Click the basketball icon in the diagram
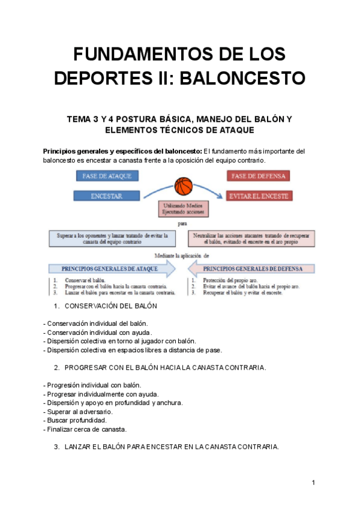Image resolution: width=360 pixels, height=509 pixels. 184,187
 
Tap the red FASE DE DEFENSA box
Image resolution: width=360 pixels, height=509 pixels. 258,176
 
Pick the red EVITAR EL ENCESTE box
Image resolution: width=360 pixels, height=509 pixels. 258,196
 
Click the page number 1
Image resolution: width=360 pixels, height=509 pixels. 313,483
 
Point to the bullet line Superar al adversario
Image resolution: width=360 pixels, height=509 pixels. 78,411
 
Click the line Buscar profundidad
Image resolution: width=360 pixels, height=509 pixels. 74,420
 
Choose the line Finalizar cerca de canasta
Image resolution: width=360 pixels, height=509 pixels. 85,429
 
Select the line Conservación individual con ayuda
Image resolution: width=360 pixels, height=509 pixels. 98,332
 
